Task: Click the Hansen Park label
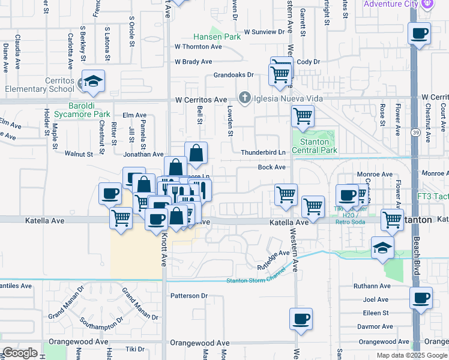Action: [216, 37]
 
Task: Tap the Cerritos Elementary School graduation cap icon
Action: [93, 81]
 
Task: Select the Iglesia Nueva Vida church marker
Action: [244, 98]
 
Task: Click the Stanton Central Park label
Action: [315, 146]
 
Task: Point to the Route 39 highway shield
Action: [415, 133]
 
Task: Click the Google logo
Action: [20, 352]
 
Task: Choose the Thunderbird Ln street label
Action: [263, 152]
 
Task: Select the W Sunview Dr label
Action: [264, 32]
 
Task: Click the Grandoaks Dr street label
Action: [234, 76]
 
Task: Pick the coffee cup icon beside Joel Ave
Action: [421, 298]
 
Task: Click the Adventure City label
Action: [390, 4]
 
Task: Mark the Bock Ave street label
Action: [271, 167]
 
